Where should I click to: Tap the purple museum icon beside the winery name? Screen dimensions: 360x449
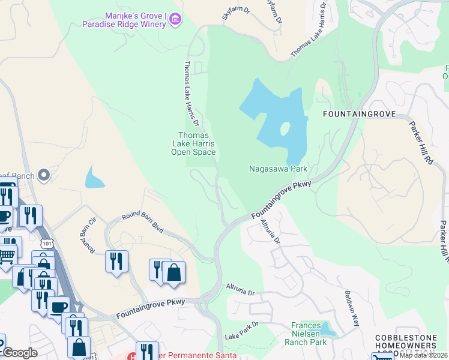(x=175, y=19)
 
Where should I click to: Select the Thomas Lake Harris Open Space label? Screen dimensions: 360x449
(x=193, y=144)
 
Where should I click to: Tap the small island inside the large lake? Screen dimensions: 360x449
(x=284, y=128)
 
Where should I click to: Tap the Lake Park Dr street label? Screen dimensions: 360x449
(x=241, y=331)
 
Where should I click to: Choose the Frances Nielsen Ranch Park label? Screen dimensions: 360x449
(x=309, y=334)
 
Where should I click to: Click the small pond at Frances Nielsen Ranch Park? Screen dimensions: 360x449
(x=327, y=328)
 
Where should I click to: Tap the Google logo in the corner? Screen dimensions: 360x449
(x=20, y=353)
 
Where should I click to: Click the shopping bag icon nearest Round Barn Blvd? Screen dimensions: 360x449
(x=173, y=272)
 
